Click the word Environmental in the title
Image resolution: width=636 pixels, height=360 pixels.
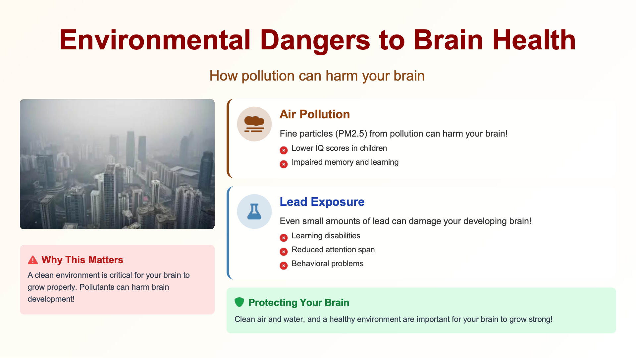[x=155, y=40]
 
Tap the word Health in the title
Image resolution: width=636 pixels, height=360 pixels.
[x=534, y=40]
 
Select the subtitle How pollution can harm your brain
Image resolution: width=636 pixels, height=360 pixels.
[x=317, y=76]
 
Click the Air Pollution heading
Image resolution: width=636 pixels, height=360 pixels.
[x=315, y=114]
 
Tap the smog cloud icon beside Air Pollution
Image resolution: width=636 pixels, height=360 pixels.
[x=254, y=124]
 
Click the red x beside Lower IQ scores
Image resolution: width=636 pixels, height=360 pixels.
[x=284, y=150]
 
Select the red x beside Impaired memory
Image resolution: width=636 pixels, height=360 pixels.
[x=284, y=164]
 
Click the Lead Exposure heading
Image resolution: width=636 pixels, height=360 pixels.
[x=322, y=202]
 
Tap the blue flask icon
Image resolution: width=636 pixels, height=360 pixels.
[x=254, y=211]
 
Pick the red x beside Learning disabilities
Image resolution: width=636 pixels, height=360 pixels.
[x=284, y=238]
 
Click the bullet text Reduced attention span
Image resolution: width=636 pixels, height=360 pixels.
[x=333, y=250]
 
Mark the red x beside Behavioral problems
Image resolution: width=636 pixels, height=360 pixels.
[x=284, y=266]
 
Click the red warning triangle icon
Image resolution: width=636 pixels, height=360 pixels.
[x=33, y=260]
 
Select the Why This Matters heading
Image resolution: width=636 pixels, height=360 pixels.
[x=82, y=260]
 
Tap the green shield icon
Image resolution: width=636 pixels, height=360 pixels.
[x=239, y=302]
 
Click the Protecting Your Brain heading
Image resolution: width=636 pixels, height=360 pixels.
[x=299, y=303]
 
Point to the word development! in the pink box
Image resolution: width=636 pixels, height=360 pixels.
[x=51, y=299]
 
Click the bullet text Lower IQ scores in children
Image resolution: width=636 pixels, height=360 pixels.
[x=339, y=148]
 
